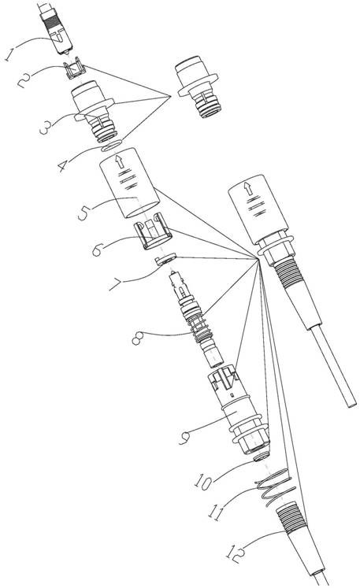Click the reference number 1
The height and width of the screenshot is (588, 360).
click(10, 55)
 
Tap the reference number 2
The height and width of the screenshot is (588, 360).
click(24, 80)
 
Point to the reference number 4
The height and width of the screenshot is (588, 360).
click(64, 166)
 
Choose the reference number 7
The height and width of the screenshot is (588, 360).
click(116, 286)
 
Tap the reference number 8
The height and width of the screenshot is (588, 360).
click(137, 338)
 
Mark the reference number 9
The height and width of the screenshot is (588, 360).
click(185, 438)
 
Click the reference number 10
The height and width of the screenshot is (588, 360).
click(204, 483)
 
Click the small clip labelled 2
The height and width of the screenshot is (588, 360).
click(75, 69)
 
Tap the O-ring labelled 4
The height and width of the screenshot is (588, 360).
click(112, 145)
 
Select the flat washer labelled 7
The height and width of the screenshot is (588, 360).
click(165, 259)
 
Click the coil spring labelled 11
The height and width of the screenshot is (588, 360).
click(275, 487)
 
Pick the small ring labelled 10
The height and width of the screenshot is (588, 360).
click(262, 457)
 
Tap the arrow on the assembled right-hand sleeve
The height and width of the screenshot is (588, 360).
click(248, 189)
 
